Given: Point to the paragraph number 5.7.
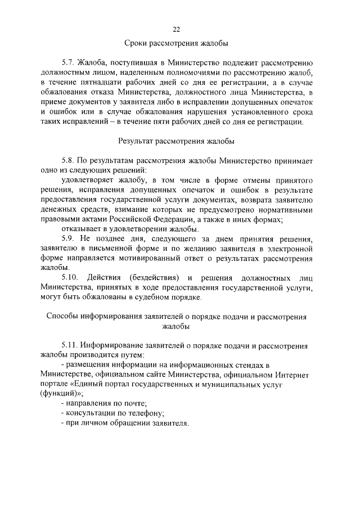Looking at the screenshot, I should pos(69,63).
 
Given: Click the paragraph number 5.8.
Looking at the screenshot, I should pos(69,161).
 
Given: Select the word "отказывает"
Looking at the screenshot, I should pos(82,229).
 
